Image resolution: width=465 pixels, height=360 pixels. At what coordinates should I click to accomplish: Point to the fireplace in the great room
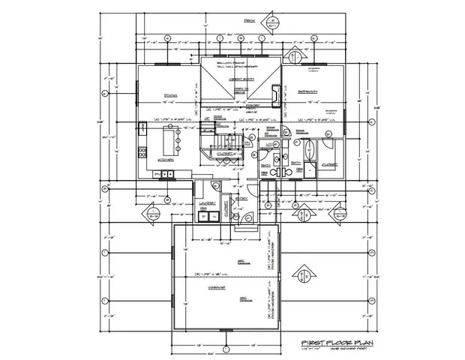(x=277, y=94)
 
